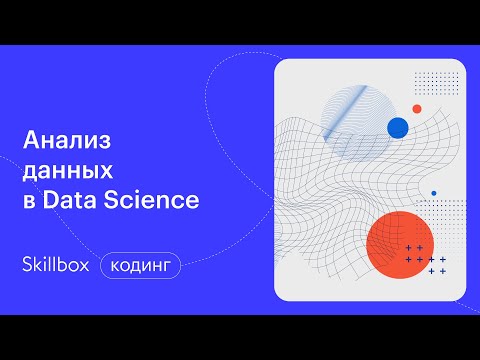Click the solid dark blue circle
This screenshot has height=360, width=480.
pyautogui.click(x=399, y=127)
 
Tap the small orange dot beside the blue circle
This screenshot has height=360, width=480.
pyautogui.click(x=417, y=108)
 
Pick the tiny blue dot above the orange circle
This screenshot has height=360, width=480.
pyautogui.click(x=433, y=193)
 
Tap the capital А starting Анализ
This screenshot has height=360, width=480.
pyautogui.click(x=30, y=139)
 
